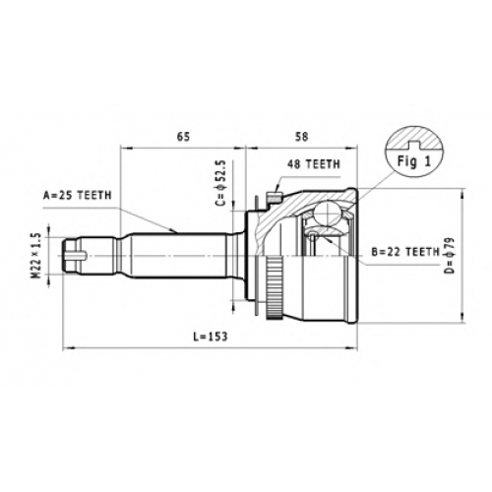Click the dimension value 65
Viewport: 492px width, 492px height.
pyautogui.click(x=183, y=137)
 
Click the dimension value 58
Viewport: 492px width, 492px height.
pyautogui.click(x=302, y=137)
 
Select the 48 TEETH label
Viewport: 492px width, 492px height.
pyautogui.click(x=314, y=164)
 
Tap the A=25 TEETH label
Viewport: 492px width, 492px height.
pyautogui.click(x=78, y=196)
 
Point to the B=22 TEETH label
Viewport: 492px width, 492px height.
pyautogui.click(x=405, y=252)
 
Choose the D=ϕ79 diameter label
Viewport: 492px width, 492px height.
pyautogui.click(x=452, y=255)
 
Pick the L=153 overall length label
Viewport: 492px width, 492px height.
pyautogui.click(x=210, y=337)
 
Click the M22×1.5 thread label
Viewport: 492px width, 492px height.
pyautogui.click(x=36, y=256)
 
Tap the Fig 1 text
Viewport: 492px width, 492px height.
pyautogui.click(x=414, y=161)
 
